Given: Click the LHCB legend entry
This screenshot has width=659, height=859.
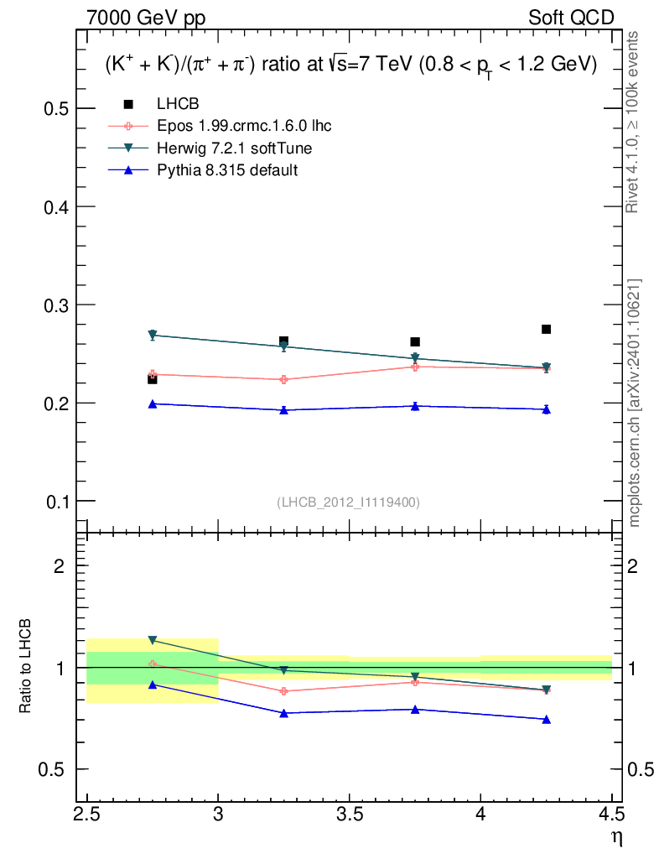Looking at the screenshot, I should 175,104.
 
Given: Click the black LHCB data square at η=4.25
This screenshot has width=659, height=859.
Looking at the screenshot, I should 547,329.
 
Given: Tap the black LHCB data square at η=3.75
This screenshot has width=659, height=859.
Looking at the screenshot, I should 415,341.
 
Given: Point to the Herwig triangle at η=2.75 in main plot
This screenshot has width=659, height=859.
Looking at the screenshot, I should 153,335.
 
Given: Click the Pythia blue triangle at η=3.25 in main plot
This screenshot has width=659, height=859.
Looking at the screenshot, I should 284,409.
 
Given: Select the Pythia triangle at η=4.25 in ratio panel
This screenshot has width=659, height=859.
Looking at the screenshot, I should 547,719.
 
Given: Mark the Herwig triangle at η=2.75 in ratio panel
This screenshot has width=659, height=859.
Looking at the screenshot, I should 153,640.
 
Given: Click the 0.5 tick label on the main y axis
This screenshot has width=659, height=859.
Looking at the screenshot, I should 55,109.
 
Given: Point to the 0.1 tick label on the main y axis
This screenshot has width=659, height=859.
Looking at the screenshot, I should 55,502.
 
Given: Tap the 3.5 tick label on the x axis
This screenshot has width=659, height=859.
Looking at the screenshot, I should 349,815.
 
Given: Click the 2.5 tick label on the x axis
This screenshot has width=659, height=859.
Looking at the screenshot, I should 86,815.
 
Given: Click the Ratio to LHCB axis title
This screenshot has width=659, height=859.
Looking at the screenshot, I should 26,667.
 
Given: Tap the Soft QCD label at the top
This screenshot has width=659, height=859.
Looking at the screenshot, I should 570,18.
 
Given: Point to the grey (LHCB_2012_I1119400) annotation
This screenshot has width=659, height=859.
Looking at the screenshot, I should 348,502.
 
